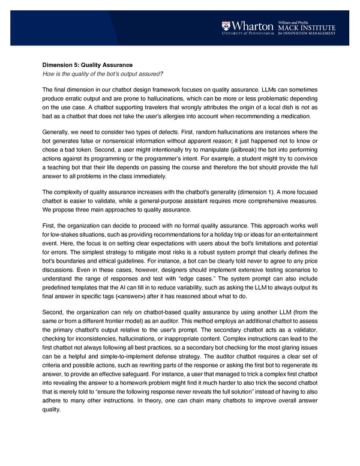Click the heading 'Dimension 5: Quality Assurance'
pos(88,65)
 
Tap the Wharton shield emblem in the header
pos(226,26)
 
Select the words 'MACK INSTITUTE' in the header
pos(306,27)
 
